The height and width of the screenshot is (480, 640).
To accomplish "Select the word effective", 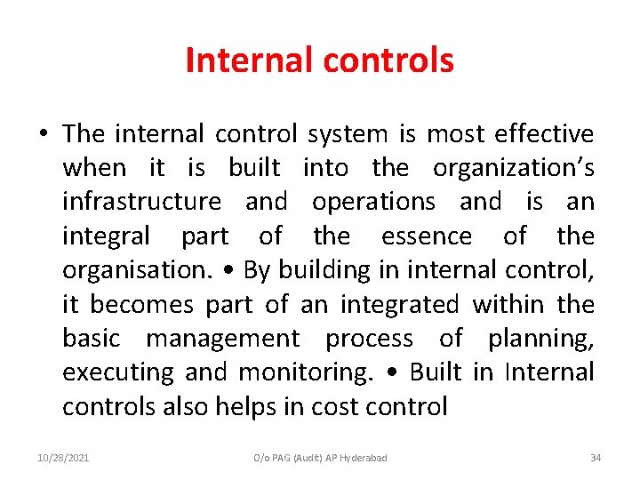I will pos(544,134).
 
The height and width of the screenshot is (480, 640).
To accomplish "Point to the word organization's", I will pos(513,168).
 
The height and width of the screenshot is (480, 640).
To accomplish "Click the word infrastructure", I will pos(142,202).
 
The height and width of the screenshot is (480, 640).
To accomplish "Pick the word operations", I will pos(373,203).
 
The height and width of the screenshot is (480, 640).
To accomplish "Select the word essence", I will pos(427,236).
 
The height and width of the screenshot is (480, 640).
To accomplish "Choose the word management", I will pos(223,339).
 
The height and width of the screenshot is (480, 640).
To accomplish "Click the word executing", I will pos(118,372).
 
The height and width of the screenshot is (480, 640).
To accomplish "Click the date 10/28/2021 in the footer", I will pos(63,458).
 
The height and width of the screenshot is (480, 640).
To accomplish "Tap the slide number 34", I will pos(596,458).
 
